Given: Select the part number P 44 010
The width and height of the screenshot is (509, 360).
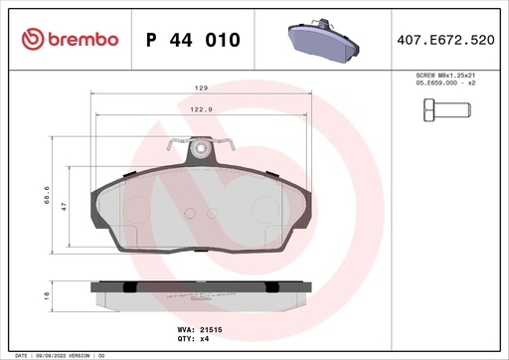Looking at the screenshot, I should [x=193, y=40].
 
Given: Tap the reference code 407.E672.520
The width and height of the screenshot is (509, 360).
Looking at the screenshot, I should [x=458, y=40].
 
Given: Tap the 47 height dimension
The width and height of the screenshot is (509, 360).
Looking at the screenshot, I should [x=64, y=207].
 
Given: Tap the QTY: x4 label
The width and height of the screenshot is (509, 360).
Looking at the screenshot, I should [x=193, y=337].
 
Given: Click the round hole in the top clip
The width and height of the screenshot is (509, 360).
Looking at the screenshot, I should [x=202, y=150].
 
